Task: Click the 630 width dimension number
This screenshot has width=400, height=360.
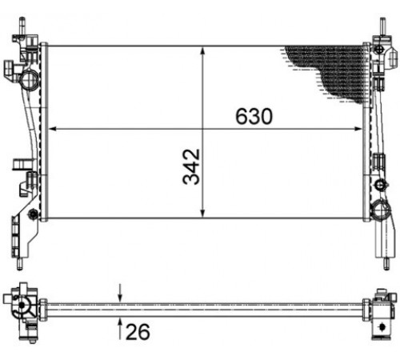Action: point(254,117)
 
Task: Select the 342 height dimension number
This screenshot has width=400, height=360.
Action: point(191,166)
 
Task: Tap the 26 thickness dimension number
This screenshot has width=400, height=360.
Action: point(138,332)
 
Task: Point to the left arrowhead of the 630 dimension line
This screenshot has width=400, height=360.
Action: point(53,129)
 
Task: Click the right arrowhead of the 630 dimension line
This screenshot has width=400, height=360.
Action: point(358,129)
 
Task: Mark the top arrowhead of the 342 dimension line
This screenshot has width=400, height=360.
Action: point(202,51)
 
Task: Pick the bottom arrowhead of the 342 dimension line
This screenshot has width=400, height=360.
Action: point(202,214)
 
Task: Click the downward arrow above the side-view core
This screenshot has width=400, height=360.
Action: point(120,293)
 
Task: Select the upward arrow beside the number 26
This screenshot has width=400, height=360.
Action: point(120,329)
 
